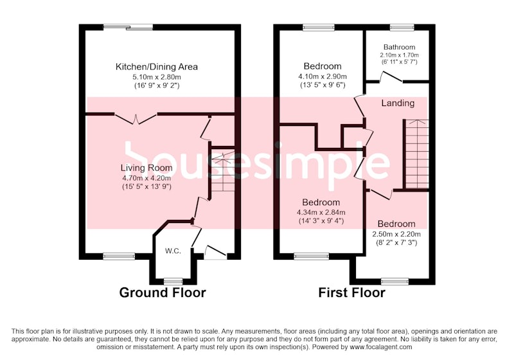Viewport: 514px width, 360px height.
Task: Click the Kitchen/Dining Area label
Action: pos(157,67)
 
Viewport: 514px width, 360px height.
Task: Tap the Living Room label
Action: pos(146,168)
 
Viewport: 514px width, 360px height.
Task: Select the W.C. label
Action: pos(173,251)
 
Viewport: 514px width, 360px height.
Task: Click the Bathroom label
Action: pos(399,47)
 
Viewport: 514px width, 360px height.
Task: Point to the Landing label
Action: pos(398,104)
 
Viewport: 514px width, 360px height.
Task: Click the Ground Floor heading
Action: pos(163,292)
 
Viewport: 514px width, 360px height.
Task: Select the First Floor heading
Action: pos(351,292)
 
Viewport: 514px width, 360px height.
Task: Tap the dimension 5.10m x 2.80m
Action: pos(157,77)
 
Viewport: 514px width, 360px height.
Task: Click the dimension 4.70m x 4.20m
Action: pos(146,178)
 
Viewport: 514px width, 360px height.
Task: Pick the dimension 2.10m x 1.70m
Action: pos(399,55)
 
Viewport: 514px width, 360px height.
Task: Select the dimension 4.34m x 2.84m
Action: pos(321,212)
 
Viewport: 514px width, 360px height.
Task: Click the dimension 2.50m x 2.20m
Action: pos(396,235)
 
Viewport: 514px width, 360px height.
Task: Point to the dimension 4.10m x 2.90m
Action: pos(323,76)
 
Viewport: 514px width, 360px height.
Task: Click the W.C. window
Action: pos(173,282)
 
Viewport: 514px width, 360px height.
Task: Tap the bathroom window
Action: pos(402,28)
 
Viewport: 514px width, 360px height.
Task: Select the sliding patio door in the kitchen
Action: pos(128,28)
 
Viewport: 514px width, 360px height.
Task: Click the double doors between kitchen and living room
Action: pos(136,118)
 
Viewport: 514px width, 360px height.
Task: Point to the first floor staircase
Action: pos(416,154)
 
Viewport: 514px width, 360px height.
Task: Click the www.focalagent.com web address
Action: pos(381,347)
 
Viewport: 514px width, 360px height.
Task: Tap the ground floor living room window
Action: pos(119,256)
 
